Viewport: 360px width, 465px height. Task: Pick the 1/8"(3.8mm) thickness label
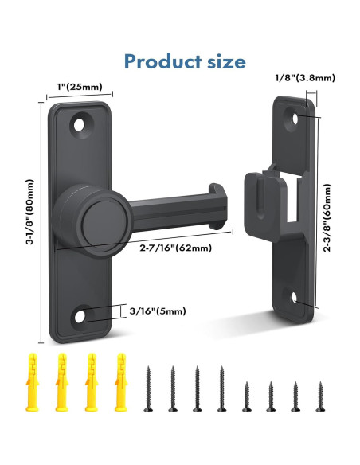click(305, 77)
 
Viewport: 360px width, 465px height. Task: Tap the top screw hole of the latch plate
click(79, 123)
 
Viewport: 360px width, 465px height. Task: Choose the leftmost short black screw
click(245, 396)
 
